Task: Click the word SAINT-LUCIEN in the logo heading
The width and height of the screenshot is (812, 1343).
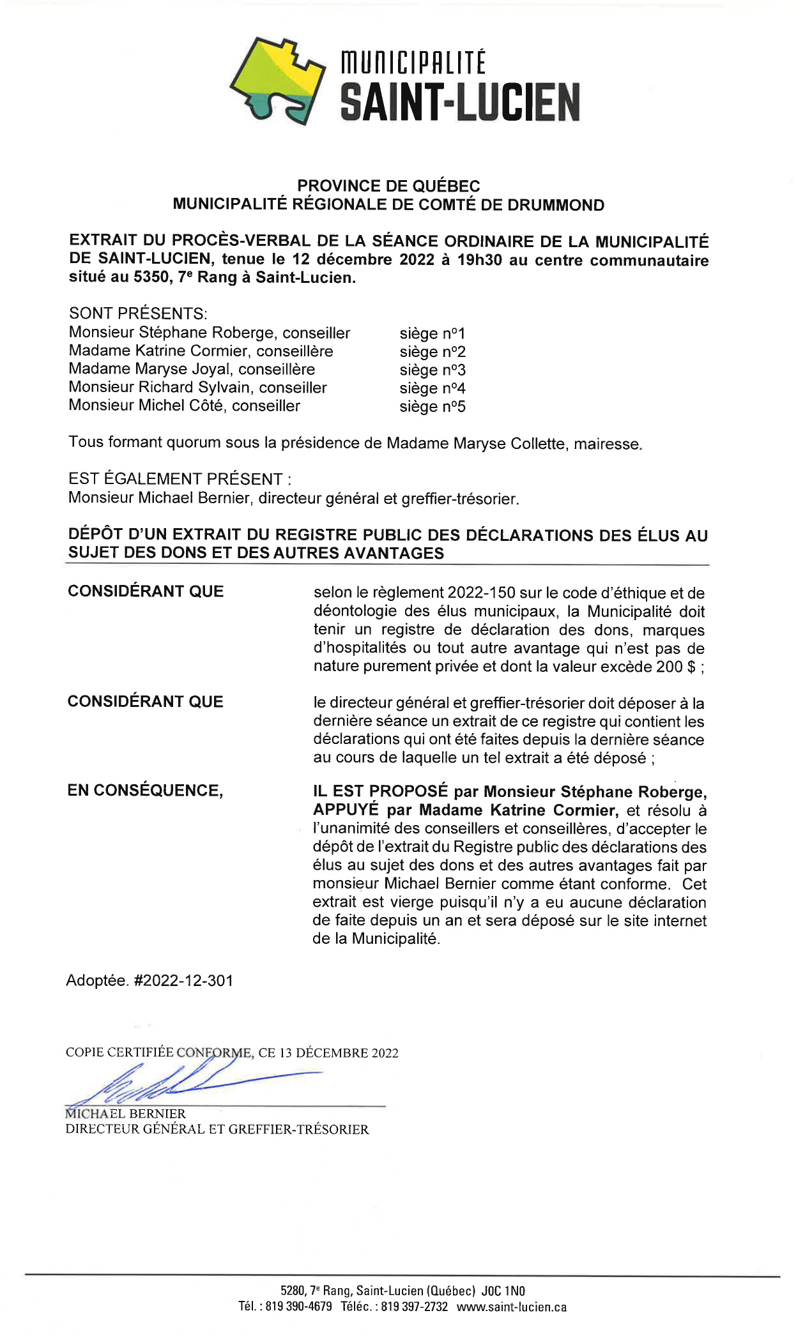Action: click(x=460, y=102)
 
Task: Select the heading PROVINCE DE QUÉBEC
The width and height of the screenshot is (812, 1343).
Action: click(x=388, y=186)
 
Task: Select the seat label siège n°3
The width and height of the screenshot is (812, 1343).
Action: click(x=433, y=370)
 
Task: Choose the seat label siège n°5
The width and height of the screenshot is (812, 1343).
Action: click(x=433, y=406)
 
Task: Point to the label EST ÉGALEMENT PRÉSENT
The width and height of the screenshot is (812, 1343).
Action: click(x=175, y=479)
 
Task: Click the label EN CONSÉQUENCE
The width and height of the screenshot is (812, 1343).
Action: click(x=145, y=791)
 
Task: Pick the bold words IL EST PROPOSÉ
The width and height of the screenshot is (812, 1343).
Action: click(x=380, y=791)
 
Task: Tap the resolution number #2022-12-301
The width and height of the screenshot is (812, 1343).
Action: click(x=183, y=980)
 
